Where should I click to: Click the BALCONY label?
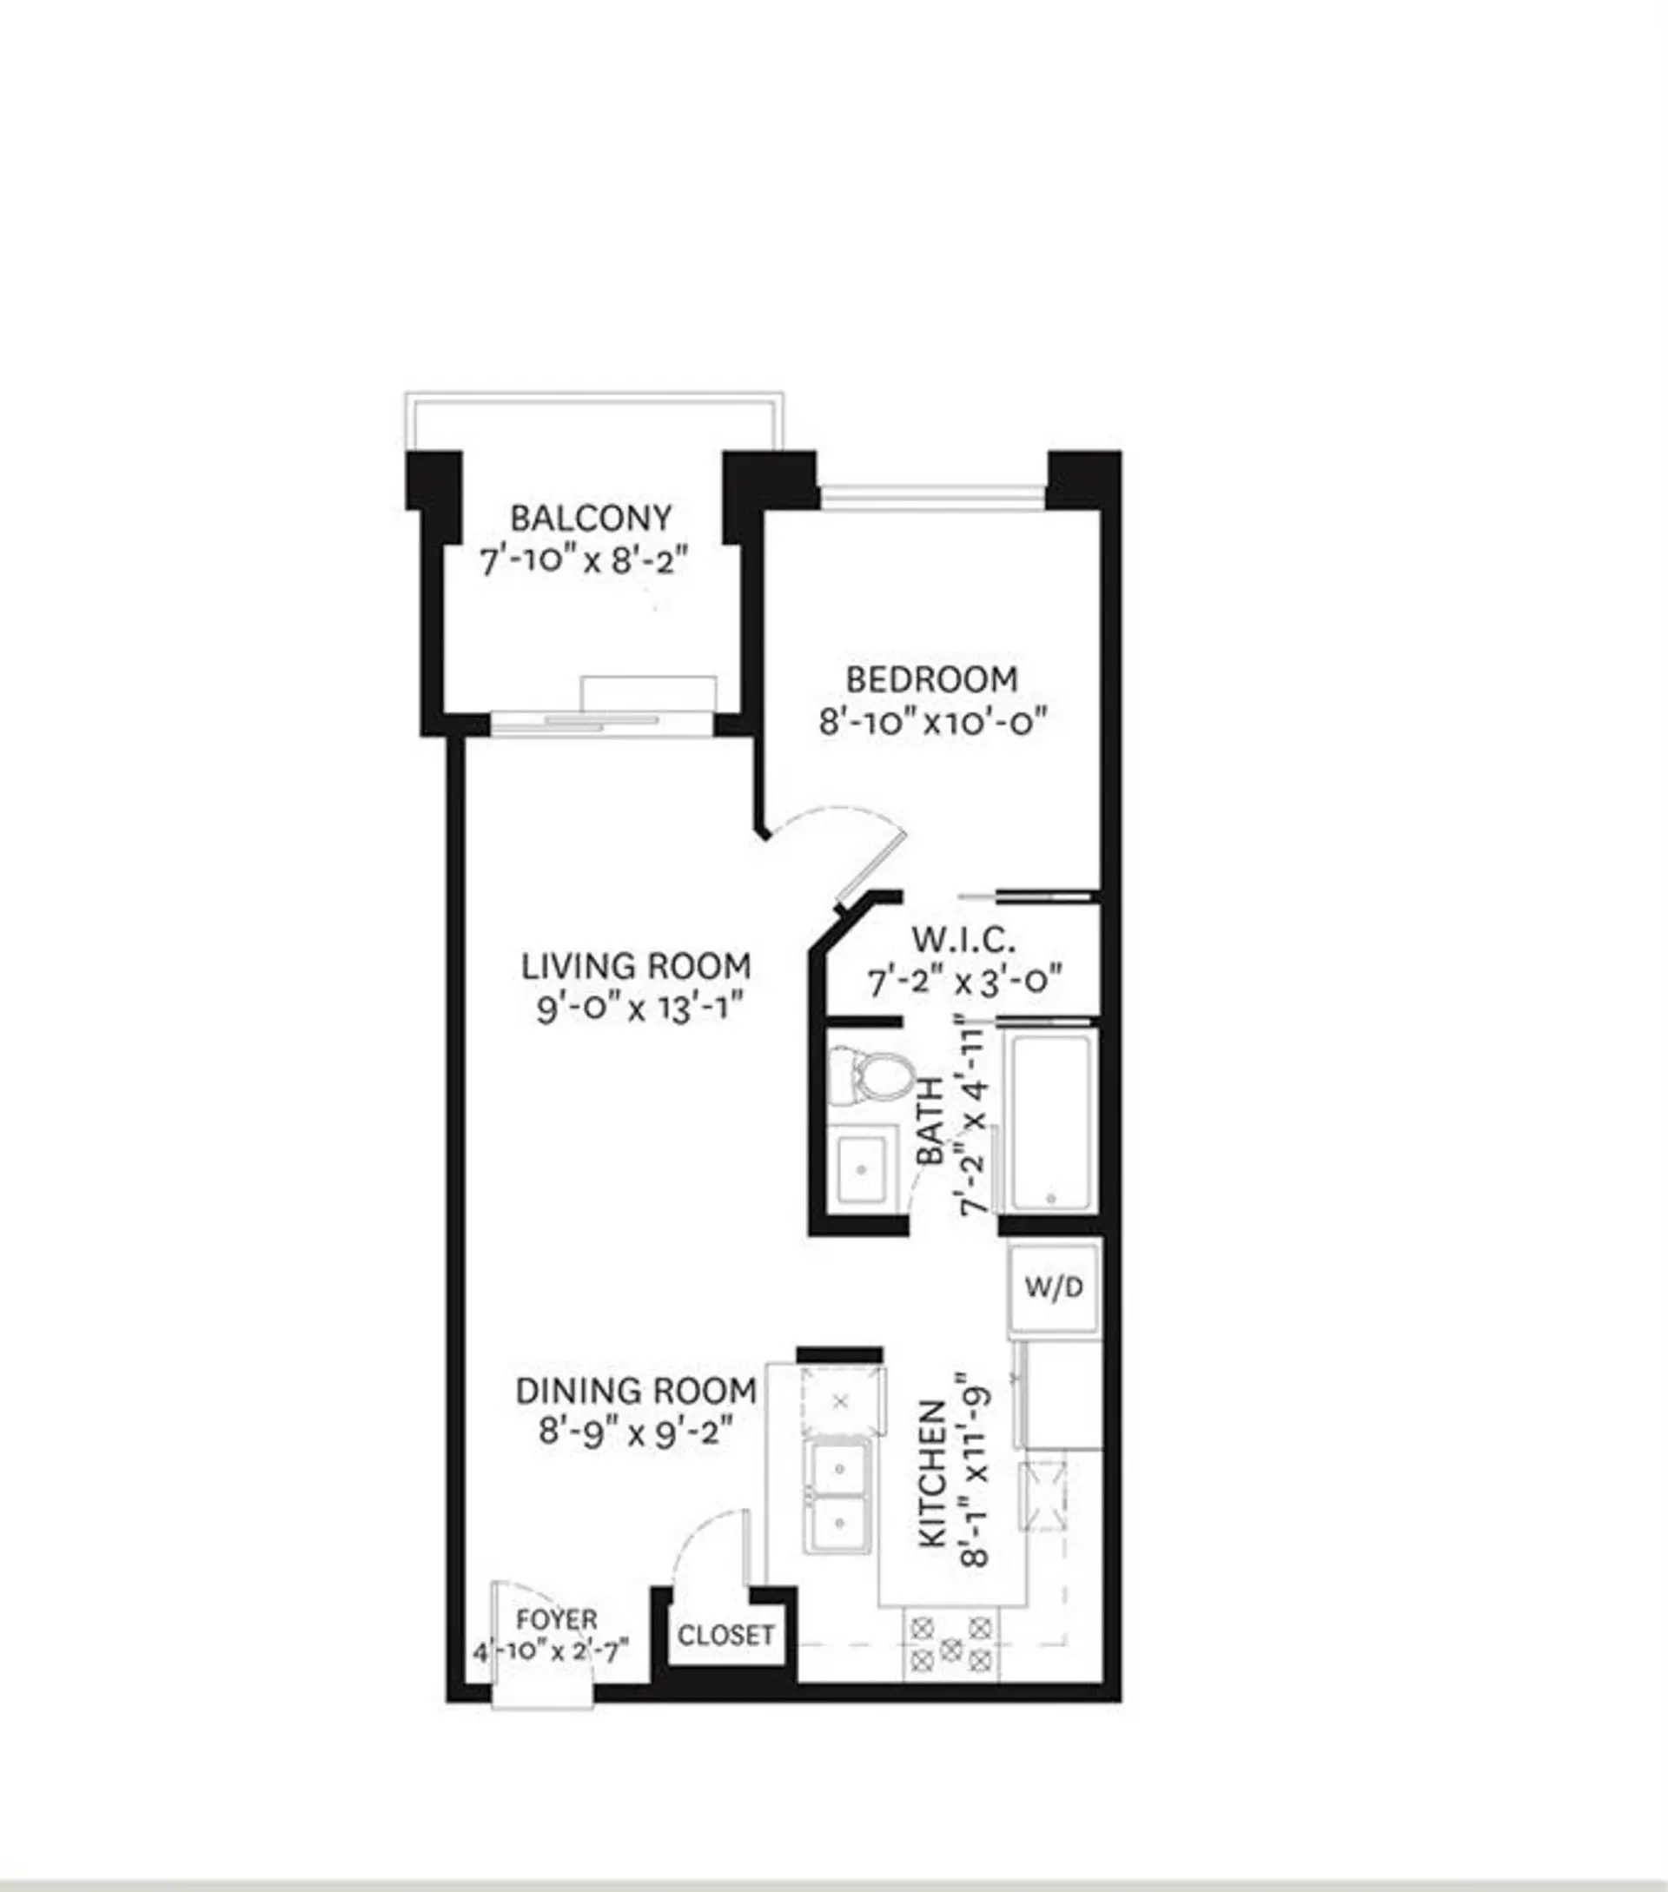pyautogui.click(x=591, y=519)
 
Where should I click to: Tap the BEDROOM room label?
pyautogui.click(x=931, y=679)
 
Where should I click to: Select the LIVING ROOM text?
pyautogui.click(x=636, y=966)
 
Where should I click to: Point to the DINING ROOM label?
pyautogui.click(x=636, y=1390)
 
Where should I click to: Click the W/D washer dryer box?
pyautogui.click(x=1055, y=1287)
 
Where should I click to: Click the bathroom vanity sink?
pyautogui.click(x=862, y=1168)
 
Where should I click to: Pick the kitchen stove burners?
pyautogui.click(x=950, y=1649)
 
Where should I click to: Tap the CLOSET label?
pyautogui.click(x=725, y=1636)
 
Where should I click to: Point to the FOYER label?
pyautogui.click(x=556, y=1620)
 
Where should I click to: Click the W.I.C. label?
pyautogui.click(x=963, y=941)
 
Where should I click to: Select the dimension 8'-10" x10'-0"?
pyautogui.click(x=933, y=721)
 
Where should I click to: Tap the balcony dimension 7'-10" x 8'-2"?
pyautogui.click(x=585, y=560)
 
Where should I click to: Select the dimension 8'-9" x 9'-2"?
pyautogui.click(x=637, y=1432)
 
